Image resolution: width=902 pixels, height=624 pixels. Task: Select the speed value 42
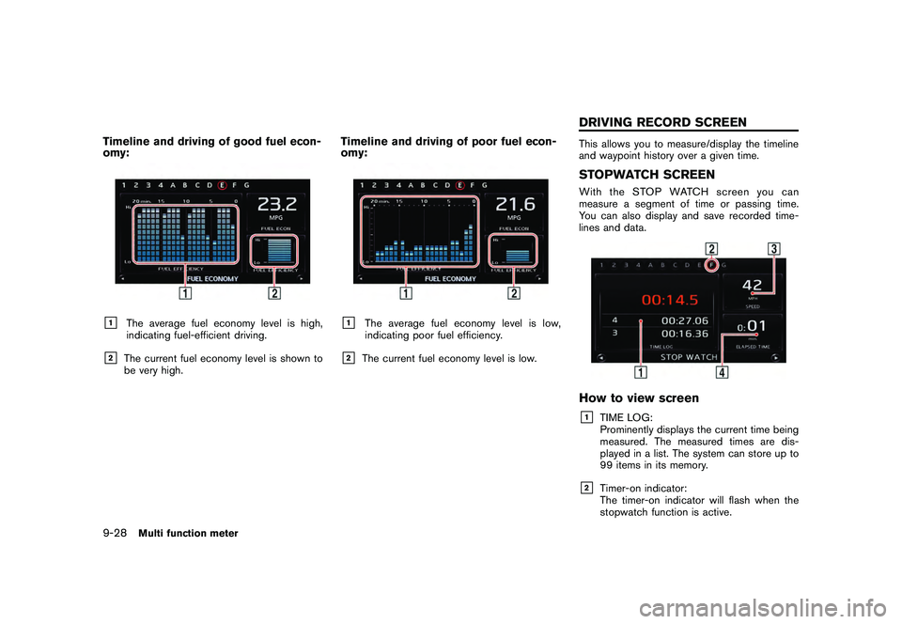(x=752, y=283)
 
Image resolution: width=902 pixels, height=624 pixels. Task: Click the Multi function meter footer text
(x=188, y=533)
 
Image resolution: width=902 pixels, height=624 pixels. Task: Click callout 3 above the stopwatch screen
(x=773, y=249)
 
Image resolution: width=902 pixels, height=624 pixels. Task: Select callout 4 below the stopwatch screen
(x=722, y=372)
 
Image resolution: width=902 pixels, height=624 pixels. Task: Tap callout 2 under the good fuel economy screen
(x=273, y=293)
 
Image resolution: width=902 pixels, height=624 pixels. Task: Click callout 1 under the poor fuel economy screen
(x=405, y=293)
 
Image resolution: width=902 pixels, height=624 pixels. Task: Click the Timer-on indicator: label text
(x=643, y=488)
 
